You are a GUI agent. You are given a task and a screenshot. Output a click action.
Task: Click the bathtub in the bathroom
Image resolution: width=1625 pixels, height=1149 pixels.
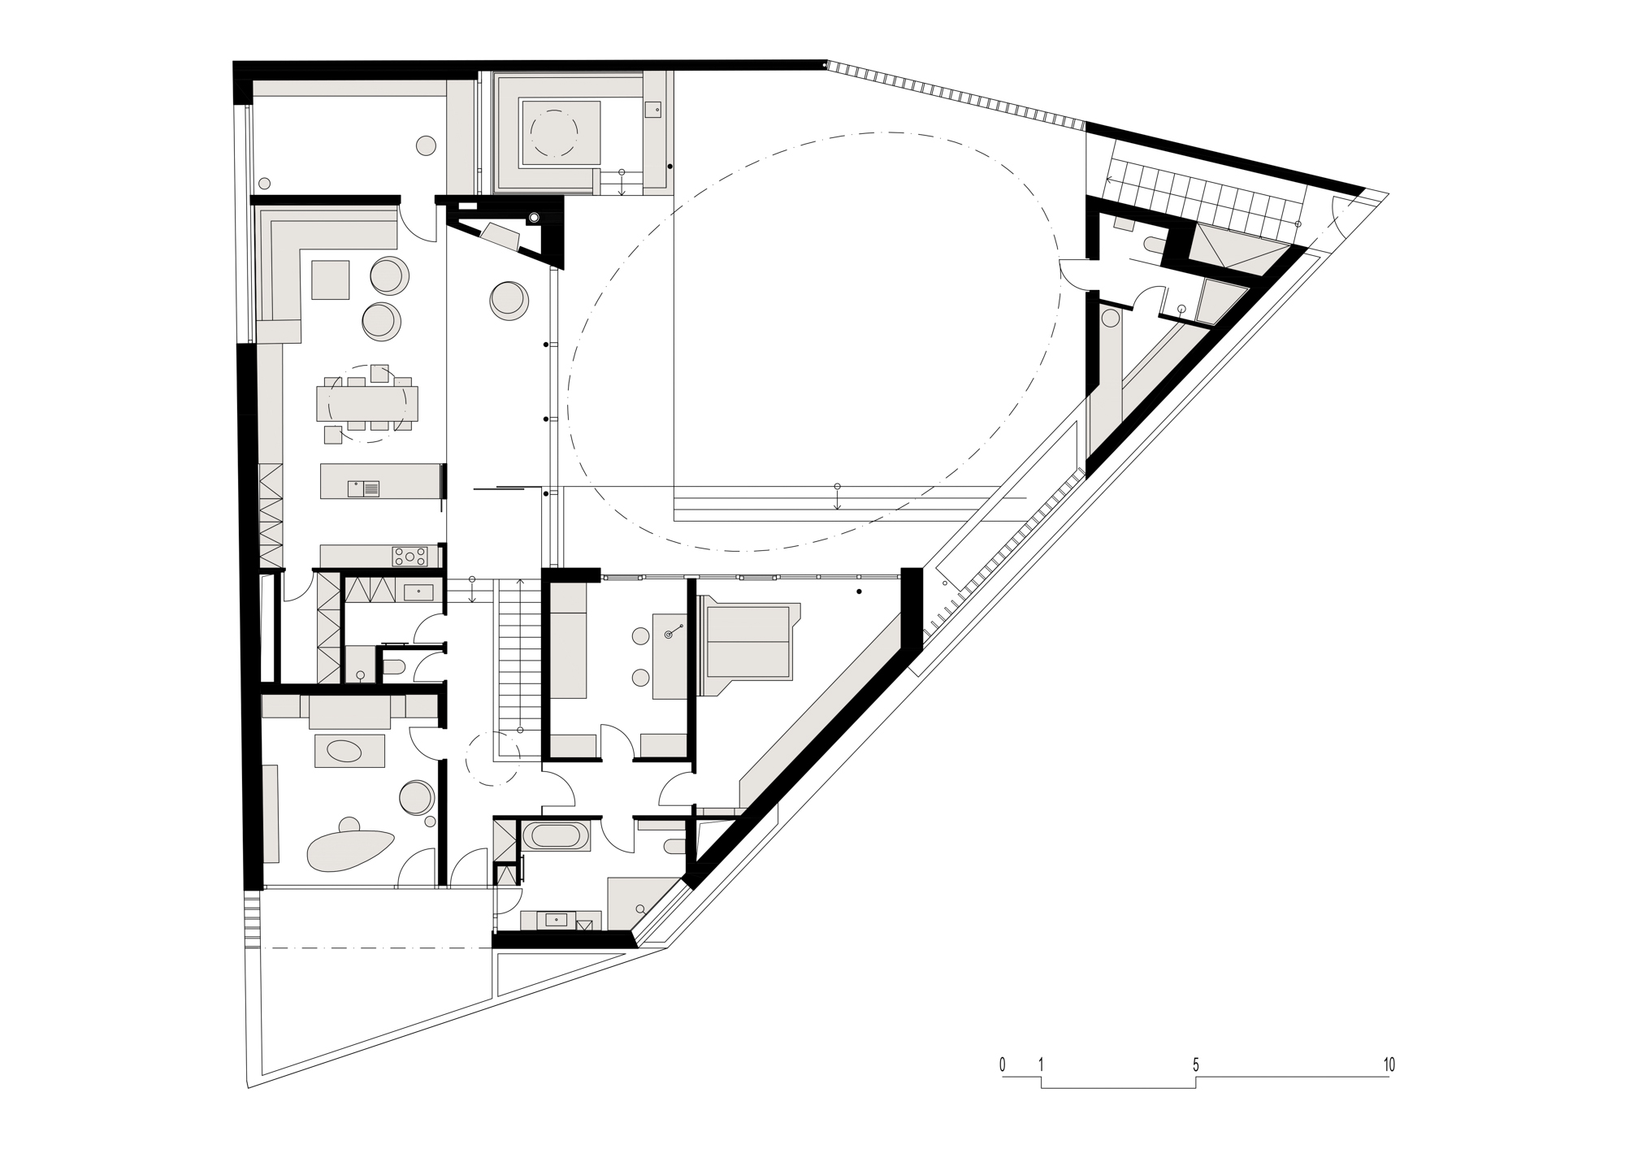tap(556, 837)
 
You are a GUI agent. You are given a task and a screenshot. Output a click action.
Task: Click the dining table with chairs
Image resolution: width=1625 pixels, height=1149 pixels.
tap(367, 403)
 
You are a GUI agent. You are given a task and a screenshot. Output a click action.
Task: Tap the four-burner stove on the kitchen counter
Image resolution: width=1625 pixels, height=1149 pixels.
tap(409, 556)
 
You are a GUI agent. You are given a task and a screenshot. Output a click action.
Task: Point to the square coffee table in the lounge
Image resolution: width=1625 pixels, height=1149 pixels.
tap(330, 280)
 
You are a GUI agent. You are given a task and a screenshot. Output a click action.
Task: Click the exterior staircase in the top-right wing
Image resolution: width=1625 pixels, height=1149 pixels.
tap(1202, 192)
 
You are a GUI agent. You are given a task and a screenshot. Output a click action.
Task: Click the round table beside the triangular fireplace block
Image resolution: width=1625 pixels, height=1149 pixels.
tap(509, 299)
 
